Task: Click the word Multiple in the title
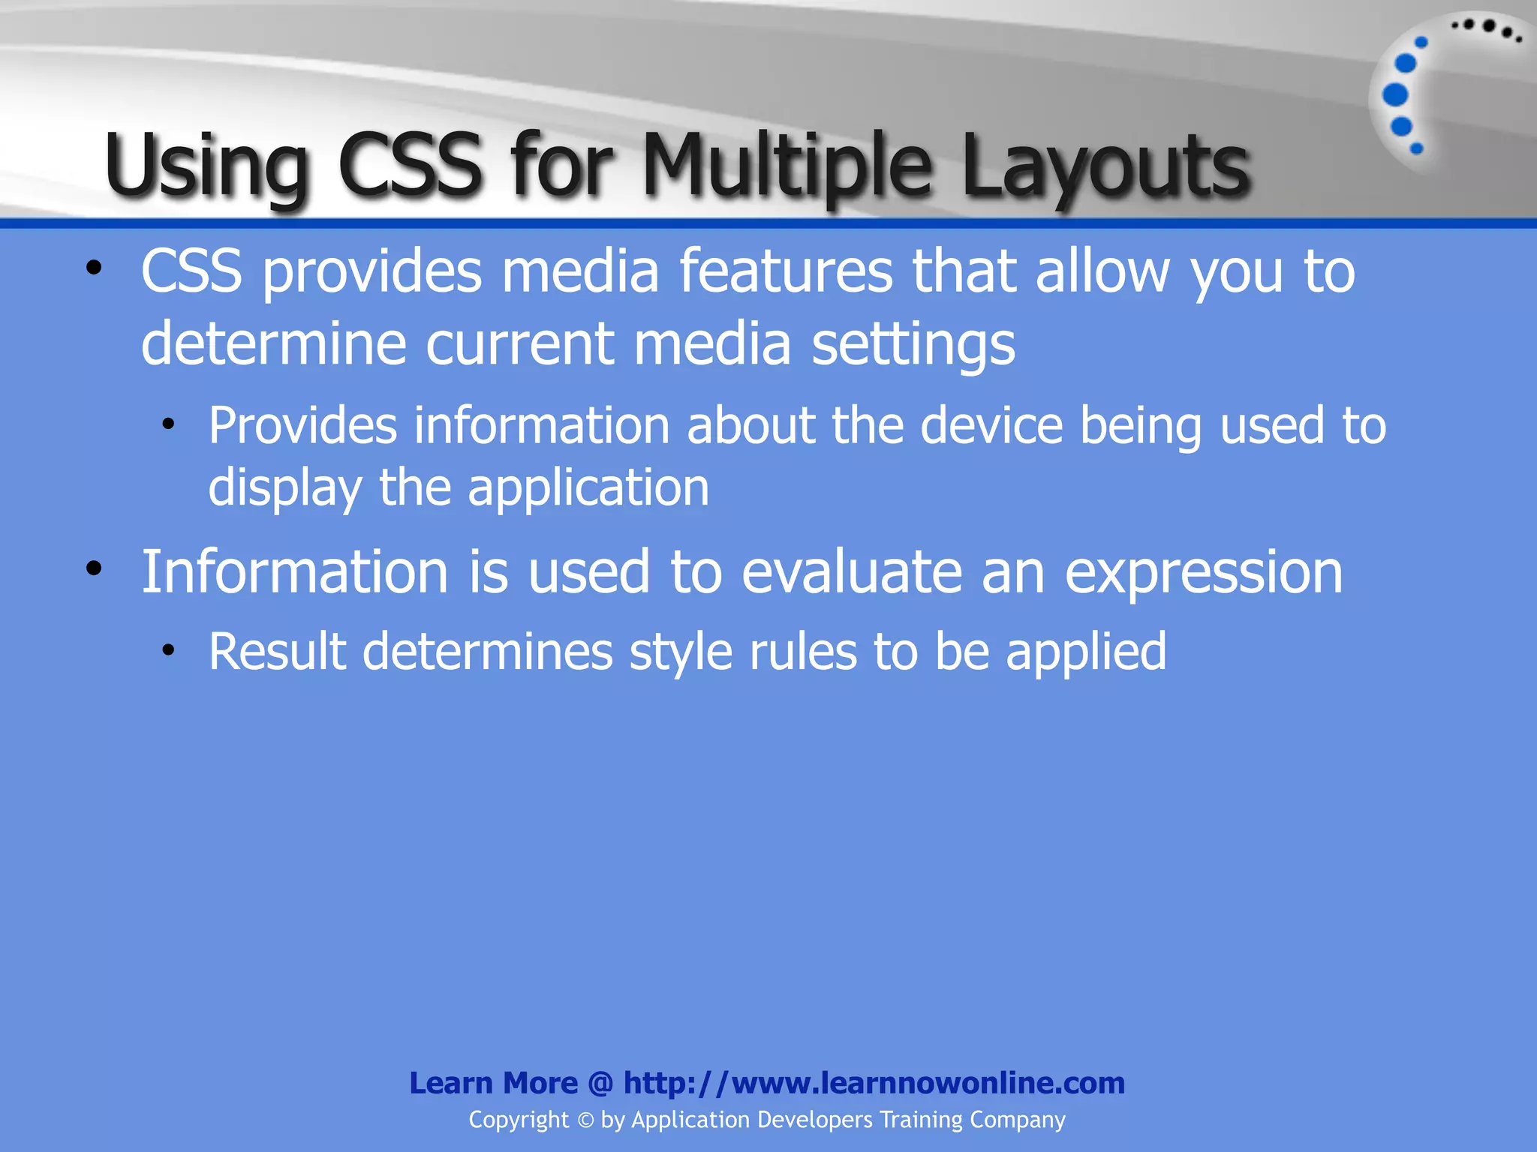pos(785,165)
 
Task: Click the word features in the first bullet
pos(785,271)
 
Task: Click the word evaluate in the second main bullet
pos(851,573)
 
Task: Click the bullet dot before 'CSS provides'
pos(93,268)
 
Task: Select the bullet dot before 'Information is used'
pos(93,569)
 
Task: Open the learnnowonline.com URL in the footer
pos(874,1083)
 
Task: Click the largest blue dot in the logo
pos(1395,95)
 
